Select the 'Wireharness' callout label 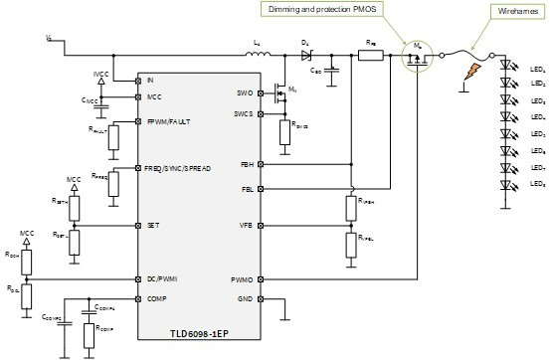tap(505, 10)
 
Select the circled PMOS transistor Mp tap(412, 57)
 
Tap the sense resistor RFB tap(371, 55)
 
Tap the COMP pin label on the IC tap(157, 297)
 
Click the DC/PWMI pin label tap(163, 279)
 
